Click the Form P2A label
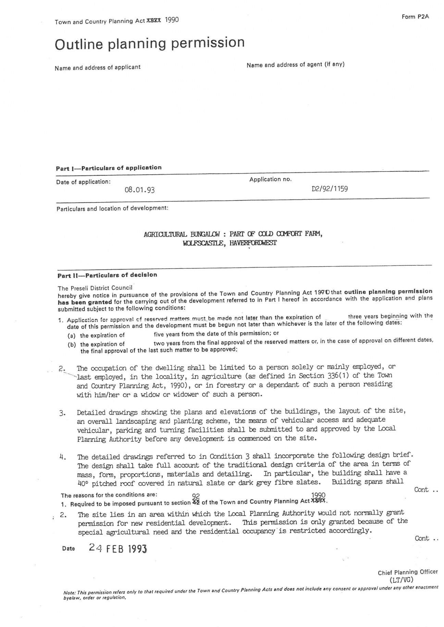[415, 17]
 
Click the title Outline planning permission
[150, 43]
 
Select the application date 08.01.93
[139, 190]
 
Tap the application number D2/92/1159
[330, 189]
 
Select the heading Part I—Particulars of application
[109, 168]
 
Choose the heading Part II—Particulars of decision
[107, 275]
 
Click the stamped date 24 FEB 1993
[118, 548]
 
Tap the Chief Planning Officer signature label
[408, 572]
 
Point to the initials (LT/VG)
[402, 579]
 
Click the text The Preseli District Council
[95, 288]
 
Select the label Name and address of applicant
[98, 67]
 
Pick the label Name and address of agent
[295, 64]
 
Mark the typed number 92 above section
[196, 496]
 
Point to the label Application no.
[270, 179]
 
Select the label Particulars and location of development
[112, 208]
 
